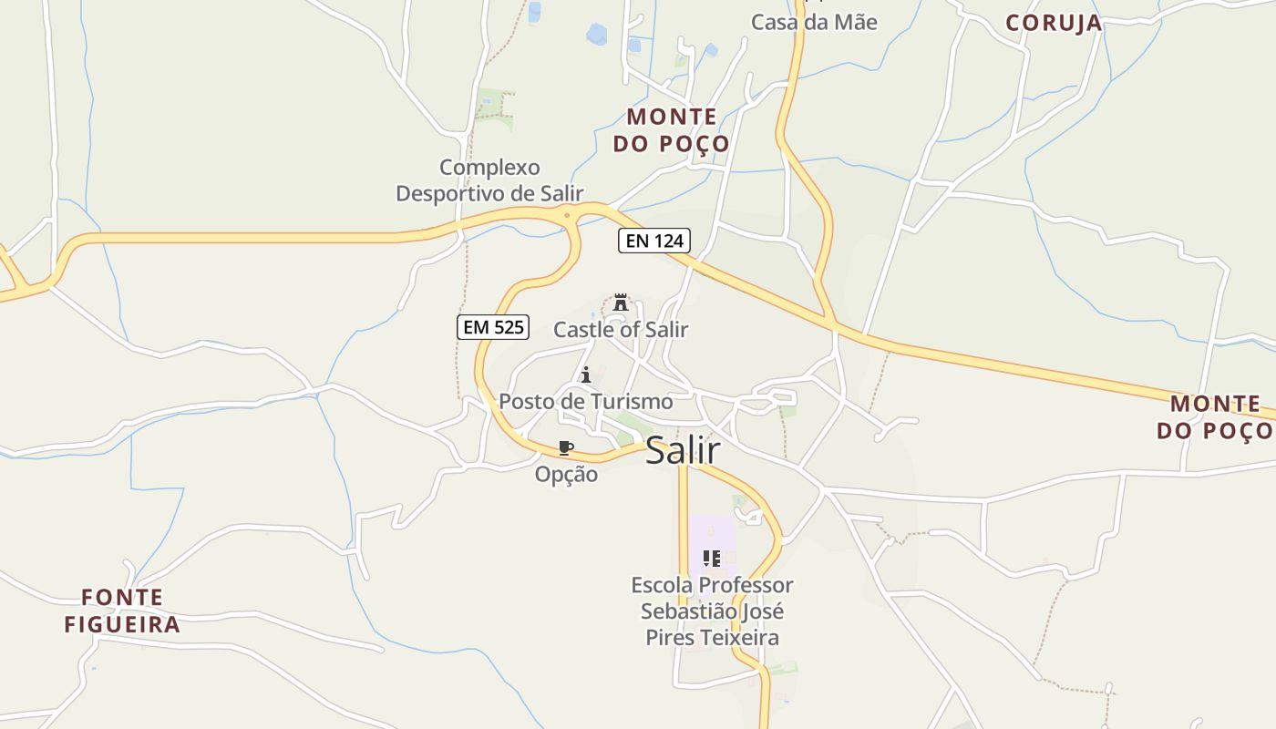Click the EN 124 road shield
654,241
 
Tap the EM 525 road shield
492,327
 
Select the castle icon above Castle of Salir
621,303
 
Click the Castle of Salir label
621,330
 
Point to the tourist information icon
586,375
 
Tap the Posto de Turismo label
586,402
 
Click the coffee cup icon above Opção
566,447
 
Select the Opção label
566,475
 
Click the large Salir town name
683,450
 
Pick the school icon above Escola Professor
712,558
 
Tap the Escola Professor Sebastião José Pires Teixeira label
712,611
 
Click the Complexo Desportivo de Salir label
489,180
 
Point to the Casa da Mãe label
814,22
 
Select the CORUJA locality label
1054,24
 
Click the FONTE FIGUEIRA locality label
122,611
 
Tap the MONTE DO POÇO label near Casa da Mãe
672,130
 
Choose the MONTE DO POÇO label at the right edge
1215,416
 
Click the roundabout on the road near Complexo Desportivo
568,216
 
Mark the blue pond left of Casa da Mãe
598,35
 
